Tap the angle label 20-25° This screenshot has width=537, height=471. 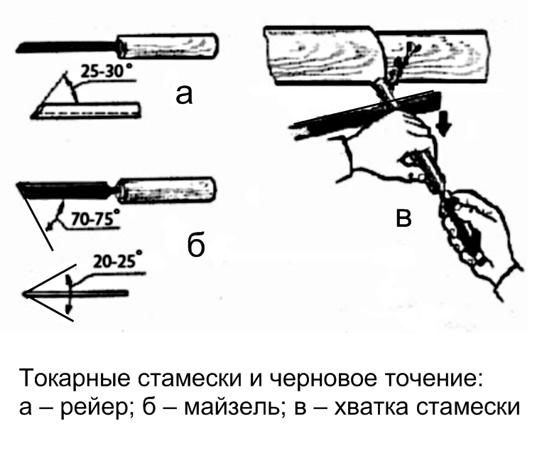[x=118, y=261]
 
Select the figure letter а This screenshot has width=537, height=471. [x=184, y=95]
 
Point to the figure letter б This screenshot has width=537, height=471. [x=196, y=245]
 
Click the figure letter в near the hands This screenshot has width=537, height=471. [x=403, y=218]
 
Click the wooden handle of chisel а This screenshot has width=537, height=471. [x=168, y=46]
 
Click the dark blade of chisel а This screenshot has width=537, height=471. [x=66, y=47]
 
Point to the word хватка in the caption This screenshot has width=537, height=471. [x=371, y=407]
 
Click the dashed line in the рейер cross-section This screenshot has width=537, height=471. [x=89, y=112]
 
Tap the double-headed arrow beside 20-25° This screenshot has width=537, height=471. [x=69, y=294]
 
